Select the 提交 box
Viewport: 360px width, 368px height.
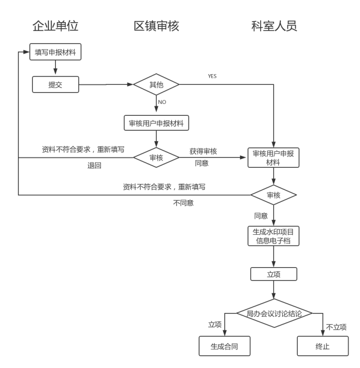point(56,84)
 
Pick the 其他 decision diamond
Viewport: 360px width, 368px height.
point(156,84)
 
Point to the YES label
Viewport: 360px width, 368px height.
point(212,76)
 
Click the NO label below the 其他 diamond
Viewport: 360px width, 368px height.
point(162,102)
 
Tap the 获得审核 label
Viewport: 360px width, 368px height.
point(203,151)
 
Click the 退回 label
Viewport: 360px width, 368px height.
point(94,166)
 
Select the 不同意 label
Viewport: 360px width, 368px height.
point(183,203)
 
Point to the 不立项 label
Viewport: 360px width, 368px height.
point(336,327)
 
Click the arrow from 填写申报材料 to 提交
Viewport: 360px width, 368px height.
point(56,68)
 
